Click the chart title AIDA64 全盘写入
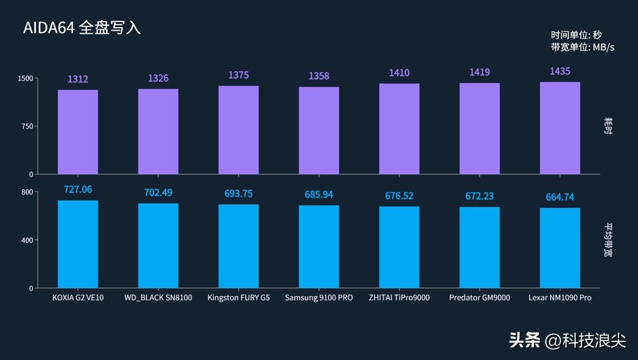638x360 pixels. point(82,28)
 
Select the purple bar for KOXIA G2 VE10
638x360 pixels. point(77,132)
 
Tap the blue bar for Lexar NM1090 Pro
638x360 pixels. point(560,248)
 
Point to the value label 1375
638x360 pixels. point(239,75)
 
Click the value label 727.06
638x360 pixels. point(77,189)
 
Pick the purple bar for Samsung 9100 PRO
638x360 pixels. point(319,131)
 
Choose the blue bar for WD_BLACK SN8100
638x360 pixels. point(158,245)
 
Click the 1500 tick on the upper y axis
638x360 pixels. point(25,78)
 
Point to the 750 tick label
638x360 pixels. point(27,126)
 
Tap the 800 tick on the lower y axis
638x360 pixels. point(27,192)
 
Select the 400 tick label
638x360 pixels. point(27,240)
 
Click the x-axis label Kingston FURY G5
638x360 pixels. point(239,298)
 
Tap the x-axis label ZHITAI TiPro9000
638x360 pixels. point(399,298)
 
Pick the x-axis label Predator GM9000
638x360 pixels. point(480,298)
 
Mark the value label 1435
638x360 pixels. point(560,71)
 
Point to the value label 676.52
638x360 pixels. point(399,196)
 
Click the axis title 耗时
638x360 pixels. point(608,125)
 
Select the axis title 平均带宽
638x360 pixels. point(608,240)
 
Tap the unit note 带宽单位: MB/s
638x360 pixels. point(583,47)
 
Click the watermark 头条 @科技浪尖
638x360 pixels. point(568,341)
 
